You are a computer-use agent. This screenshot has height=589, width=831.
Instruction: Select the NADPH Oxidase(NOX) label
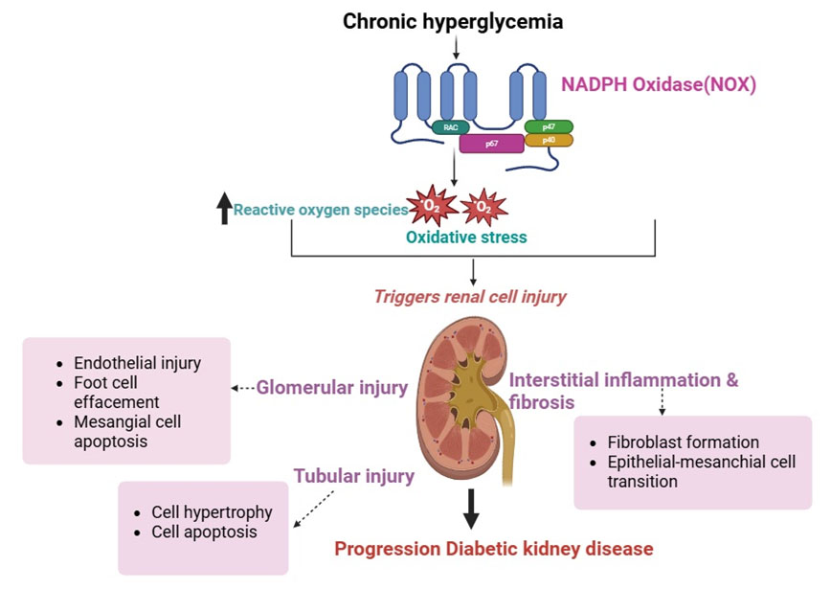coord(659,84)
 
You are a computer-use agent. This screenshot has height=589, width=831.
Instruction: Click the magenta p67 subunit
coord(491,143)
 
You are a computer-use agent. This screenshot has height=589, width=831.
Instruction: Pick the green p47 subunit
coord(549,126)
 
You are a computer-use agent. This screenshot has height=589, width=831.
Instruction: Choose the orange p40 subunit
coord(549,140)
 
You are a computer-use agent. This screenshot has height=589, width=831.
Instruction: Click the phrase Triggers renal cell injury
coord(470,296)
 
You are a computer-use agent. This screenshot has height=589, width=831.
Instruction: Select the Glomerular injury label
coord(331,388)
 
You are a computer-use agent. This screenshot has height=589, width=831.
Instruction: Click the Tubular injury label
coord(353,475)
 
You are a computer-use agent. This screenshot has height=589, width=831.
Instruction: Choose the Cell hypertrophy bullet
coord(212,512)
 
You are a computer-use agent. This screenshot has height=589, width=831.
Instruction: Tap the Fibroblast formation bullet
coord(683,442)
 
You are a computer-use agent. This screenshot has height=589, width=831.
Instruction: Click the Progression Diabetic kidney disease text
coord(493,549)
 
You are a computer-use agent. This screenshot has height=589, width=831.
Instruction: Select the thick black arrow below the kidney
coord(470,509)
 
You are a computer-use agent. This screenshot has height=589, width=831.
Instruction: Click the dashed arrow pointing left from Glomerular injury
coord(243,389)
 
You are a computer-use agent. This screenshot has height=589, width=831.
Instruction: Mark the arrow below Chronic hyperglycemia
coord(457,45)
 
